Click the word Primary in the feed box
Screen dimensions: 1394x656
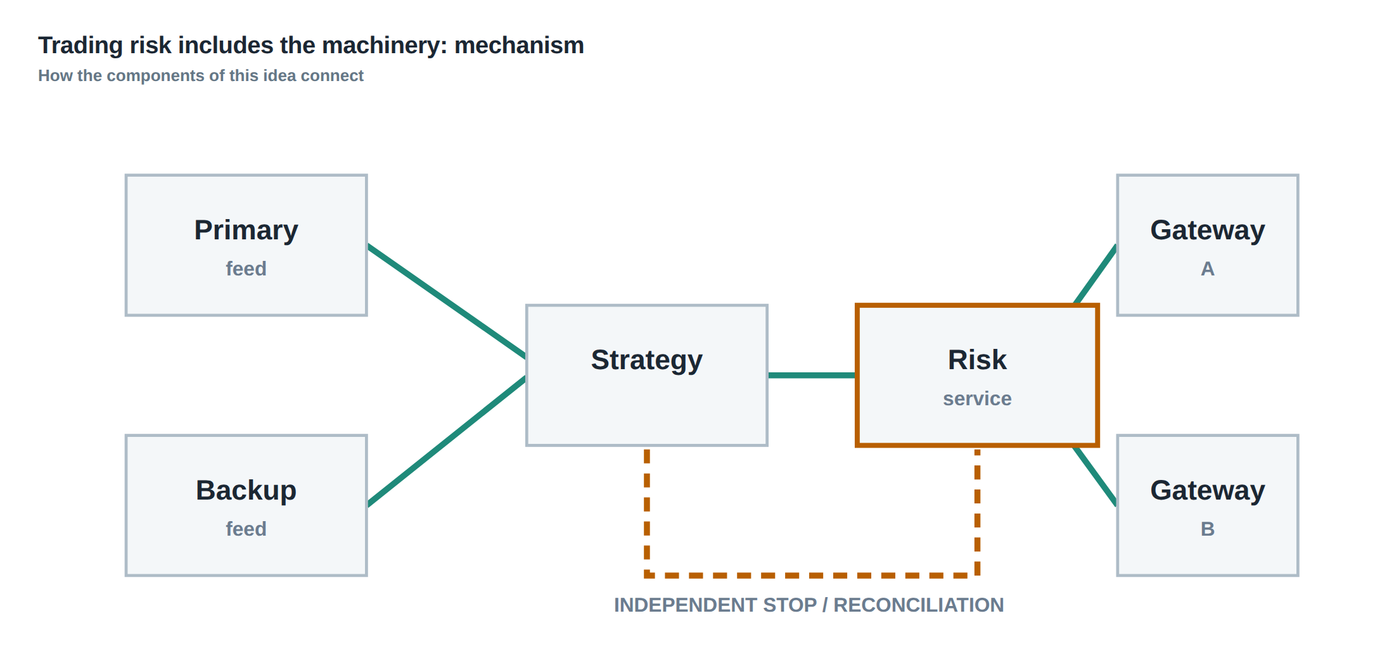click(x=246, y=230)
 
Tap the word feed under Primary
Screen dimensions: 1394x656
click(x=246, y=268)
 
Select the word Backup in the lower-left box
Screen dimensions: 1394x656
click(x=246, y=490)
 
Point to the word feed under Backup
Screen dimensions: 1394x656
click(x=246, y=529)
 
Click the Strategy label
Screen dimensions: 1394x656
click(x=646, y=360)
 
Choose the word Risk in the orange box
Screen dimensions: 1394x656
click(x=977, y=360)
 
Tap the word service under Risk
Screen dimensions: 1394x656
click(x=977, y=398)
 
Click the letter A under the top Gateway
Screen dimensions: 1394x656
click(x=1208, y=268)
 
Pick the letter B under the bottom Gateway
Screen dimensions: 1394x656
click(x=1208, y=529)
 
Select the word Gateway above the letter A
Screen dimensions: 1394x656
click(x=1208, y=230)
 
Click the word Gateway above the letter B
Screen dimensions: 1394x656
click(x=1208, y=491)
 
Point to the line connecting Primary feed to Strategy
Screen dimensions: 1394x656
click(x=447, y=301)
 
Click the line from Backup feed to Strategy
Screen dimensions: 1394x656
click(x=447, y=441)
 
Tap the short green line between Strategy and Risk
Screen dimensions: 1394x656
click(x=812, y=375)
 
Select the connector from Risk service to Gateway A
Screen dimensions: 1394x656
click(x=1096, y=274)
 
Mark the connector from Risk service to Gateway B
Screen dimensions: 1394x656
click(x=1095, y=476)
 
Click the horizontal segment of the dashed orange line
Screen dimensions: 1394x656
click(x=812, y=576)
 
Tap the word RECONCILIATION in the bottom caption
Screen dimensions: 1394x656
click(x=918, y=605)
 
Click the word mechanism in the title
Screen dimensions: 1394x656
click(x=519, y=46)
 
